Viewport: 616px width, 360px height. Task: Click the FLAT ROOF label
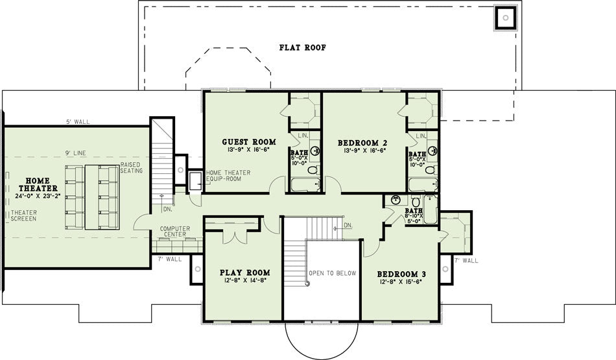pyautogui.click(x=303, y=47)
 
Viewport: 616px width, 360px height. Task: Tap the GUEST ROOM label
pyautogui.click(x=249, y=142)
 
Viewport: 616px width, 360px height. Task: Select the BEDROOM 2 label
pyautogui.click(x=363, y=143)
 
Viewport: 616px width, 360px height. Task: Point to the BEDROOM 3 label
pyautogui.click(x=401, y=274)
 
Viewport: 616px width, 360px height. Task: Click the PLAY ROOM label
pyautogui.click(x=244, y=272)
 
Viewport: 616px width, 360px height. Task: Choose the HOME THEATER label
pyautogui.click(x=38, y=185)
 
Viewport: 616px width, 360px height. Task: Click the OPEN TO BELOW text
pyautogui.click(x=333, y=273)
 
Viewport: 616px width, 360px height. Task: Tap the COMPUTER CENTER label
pyautogui.click(x=175, y=232)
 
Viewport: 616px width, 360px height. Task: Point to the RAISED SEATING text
pyautogui.click(x=131, y=168)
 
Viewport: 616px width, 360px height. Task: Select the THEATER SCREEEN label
pyautogui.click(x=24, y=215)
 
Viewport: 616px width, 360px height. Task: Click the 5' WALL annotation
pyautogui.click(x=78, y=122)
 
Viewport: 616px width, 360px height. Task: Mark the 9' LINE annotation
pyautogui.click(x=76, y=153)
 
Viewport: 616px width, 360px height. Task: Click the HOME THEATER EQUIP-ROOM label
pyautogui.click(x=228, y=176)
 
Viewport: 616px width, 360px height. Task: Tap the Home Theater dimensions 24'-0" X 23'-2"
pyautogui.click(x=38, y=196)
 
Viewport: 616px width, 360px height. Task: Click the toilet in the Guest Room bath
pyautogui.click(x=313, y=170)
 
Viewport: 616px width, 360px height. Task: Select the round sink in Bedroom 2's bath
pyautogui.click(x=432, y=150)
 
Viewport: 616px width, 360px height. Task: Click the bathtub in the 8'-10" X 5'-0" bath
pyautogui.click(x=431, y=209)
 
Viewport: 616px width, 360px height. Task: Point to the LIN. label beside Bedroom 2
pyautogui.click(x=421, y=136)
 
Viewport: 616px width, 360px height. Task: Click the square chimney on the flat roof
pyautogui.click(x=506, y=18)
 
